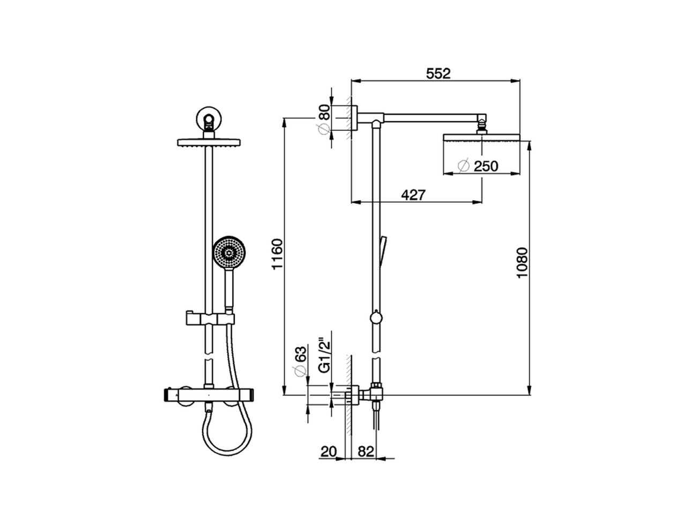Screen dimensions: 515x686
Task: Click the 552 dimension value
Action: (438, 73)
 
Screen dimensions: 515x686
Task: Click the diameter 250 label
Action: (479, 166)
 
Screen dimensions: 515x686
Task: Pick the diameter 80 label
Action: (323, 120)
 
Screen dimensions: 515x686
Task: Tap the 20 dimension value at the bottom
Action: (328, 452)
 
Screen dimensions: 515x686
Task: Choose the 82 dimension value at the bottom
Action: (365, 452)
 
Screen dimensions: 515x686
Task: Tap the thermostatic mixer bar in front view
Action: (210, 396)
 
